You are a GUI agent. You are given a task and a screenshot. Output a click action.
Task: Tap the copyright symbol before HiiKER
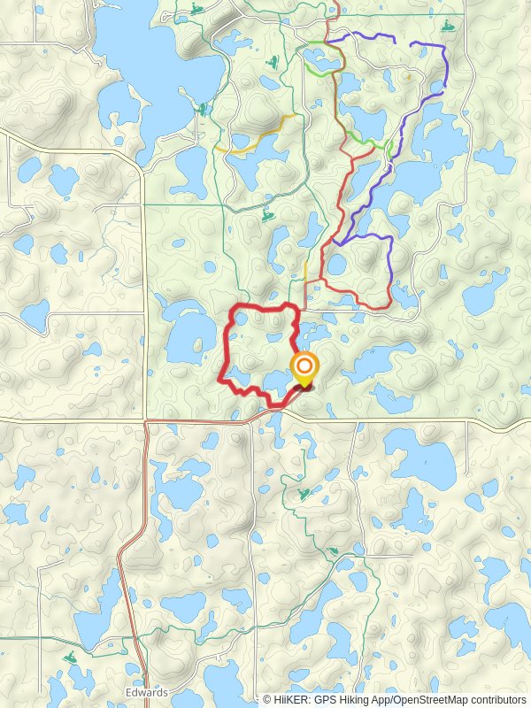point(267,699)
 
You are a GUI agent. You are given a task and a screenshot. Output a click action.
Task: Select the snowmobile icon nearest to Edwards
point(70,658)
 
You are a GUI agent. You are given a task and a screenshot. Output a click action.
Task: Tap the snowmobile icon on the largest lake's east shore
point(204,109)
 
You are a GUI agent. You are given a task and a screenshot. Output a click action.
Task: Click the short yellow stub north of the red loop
point(305,269)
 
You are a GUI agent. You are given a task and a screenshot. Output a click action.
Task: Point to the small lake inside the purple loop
point(337,265)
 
